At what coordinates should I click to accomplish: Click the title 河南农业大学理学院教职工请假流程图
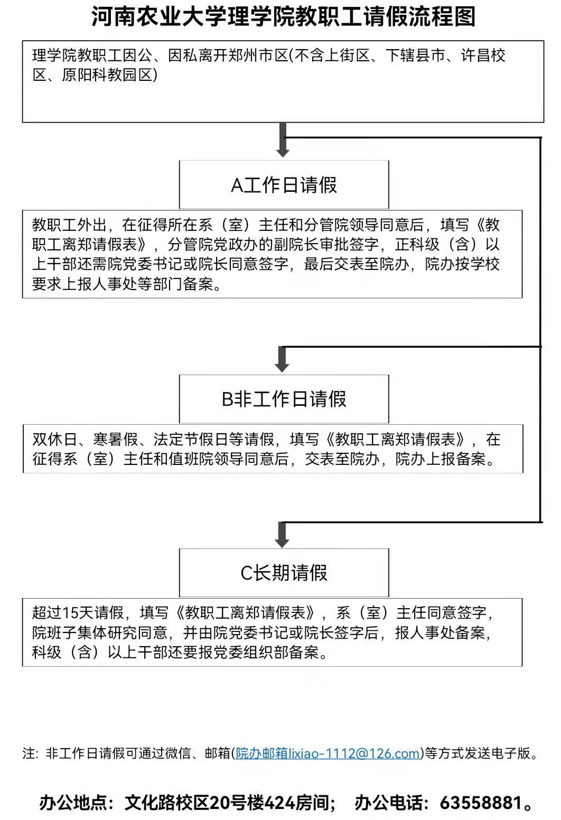click(284, 16)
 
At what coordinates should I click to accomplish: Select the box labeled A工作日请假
click(284, 185)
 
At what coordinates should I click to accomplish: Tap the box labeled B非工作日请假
click(284, 399)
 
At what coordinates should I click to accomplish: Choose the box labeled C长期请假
click(284, 573)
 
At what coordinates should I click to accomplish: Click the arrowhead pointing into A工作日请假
click(283, 152)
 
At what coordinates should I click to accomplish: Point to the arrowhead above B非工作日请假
click(282, 366)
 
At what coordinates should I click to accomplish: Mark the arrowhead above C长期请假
click(282, 542)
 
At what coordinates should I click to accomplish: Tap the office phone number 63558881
click(481, 803)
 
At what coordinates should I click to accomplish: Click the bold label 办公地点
click(76, 803)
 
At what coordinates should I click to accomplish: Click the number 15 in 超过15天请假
click(70, 613)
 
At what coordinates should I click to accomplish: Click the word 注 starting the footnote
click(28, 753)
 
